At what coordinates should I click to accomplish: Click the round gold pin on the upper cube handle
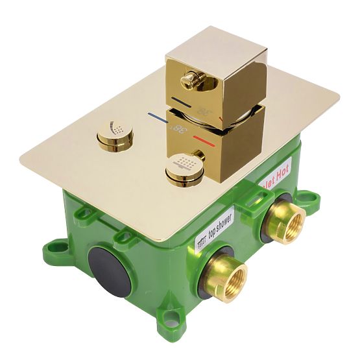189,80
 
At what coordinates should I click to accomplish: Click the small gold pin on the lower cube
200,156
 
